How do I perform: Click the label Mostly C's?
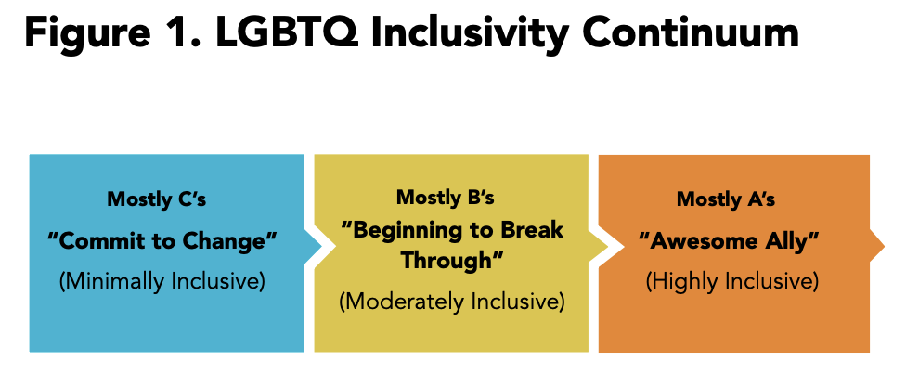[x=157, y=199]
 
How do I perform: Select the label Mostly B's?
[x=445, y=198]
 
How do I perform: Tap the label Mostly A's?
[x=726, y=199]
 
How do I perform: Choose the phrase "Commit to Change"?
[x=162, y=239]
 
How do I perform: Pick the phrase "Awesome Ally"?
[x=729, y=241]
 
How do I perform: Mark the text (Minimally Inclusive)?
[x=162, y=281]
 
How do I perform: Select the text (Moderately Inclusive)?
[x=451, y=302]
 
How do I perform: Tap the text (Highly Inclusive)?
[x=731, y=281]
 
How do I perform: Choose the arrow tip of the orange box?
[x=883, y=247]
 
